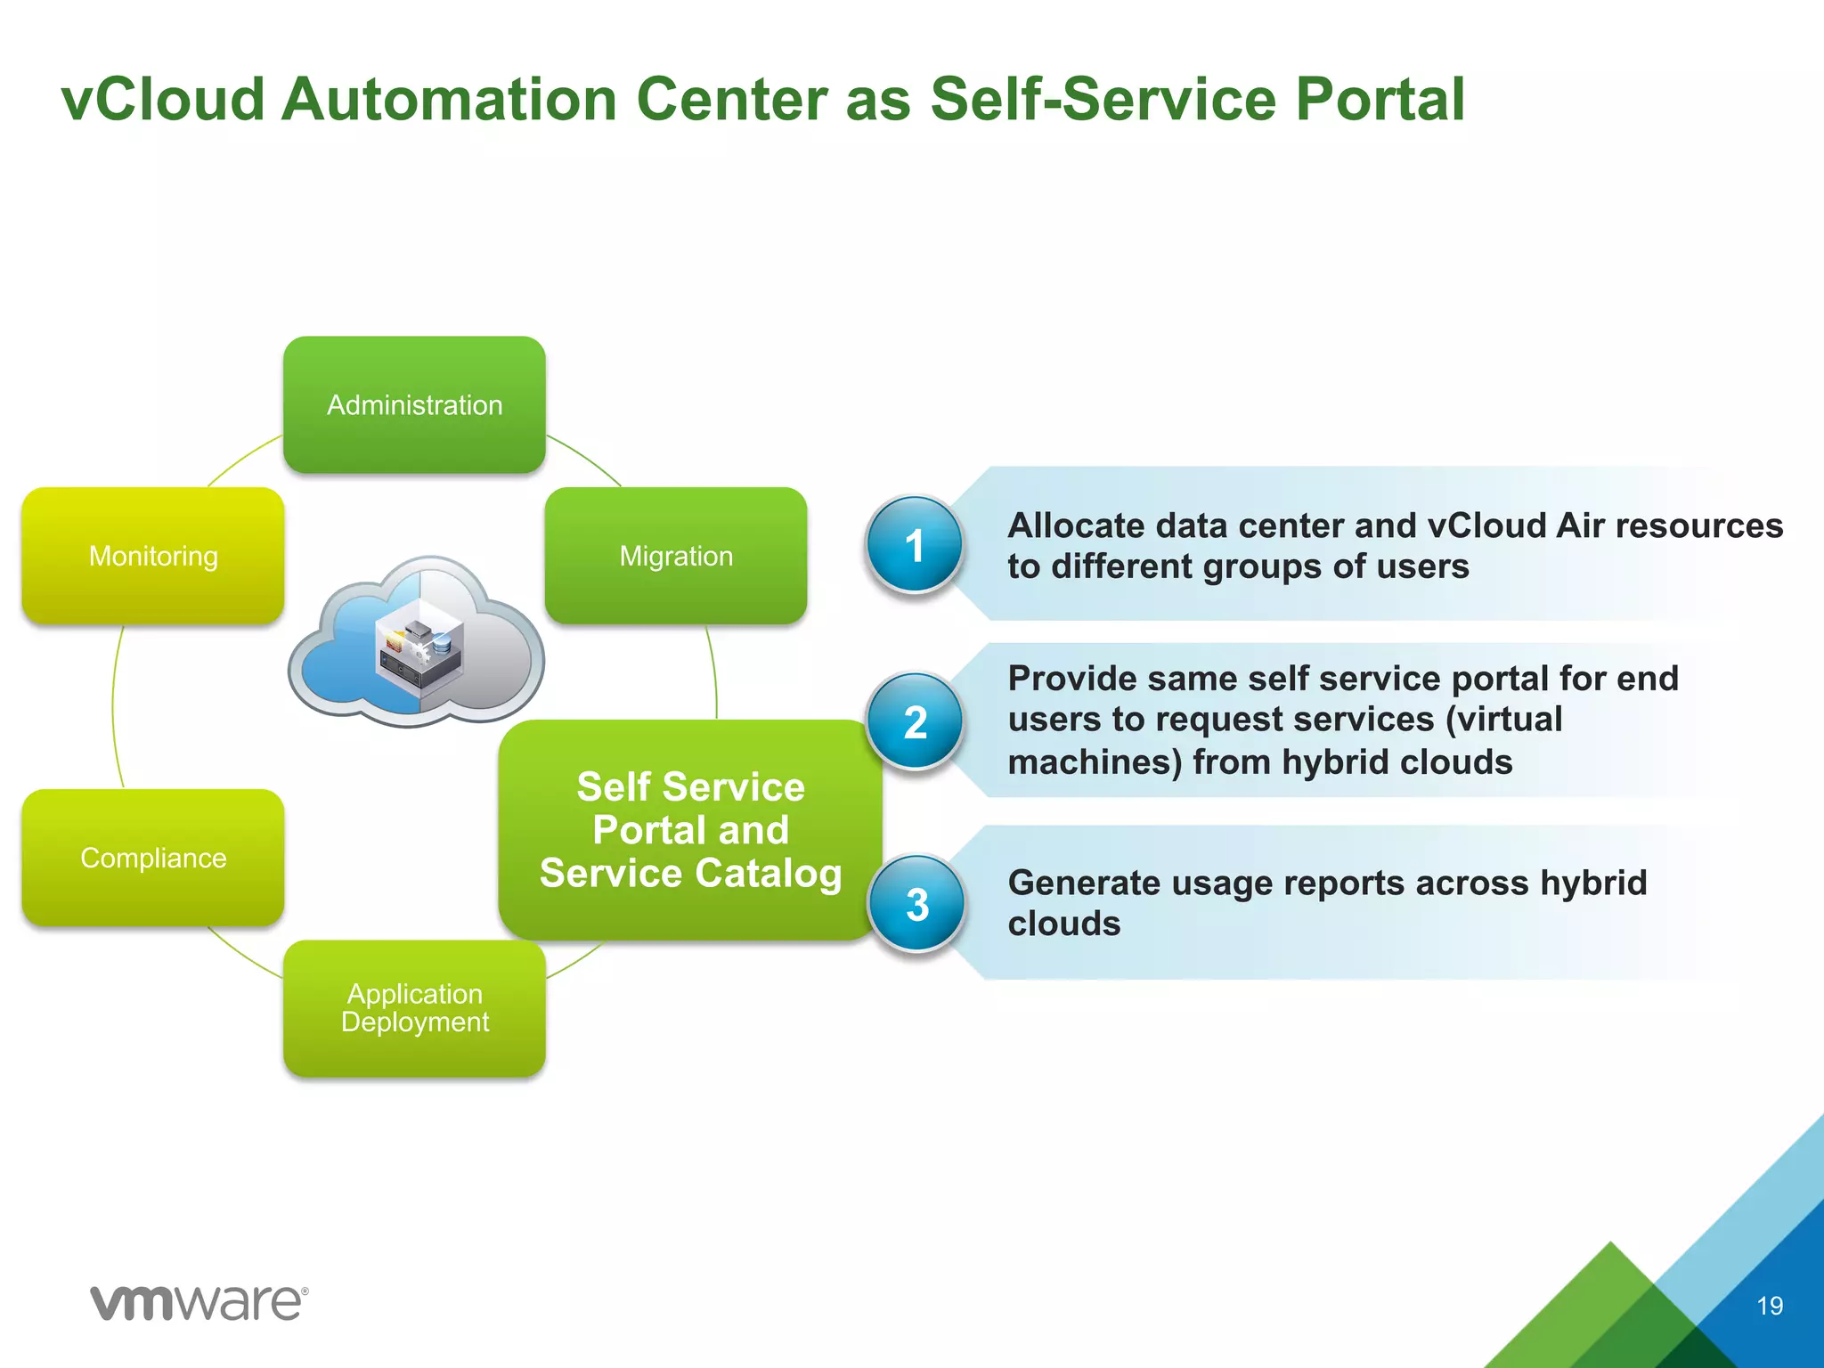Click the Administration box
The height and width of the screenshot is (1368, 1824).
(x=414, y=404)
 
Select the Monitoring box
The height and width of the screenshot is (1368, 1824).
(x=153, y=556)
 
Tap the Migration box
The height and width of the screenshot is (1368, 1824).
(x=676, y=556)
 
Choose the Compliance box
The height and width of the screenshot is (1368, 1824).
(x=153, y=858)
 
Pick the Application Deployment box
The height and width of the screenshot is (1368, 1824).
(x=414, y=1008)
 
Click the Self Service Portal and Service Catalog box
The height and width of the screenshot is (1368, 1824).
(x=690, y=830)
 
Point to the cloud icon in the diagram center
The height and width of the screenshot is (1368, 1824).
(x=416, y=641)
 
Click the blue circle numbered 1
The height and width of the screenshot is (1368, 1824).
(x=915, y=545)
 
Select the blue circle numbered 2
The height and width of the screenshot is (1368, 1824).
(x=916, y=721)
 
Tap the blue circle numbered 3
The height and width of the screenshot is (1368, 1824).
(x=916, y=904)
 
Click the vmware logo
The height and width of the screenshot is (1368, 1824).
(x=199, y=1303)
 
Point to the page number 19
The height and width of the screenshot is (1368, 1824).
(x=1769, y=1306)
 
